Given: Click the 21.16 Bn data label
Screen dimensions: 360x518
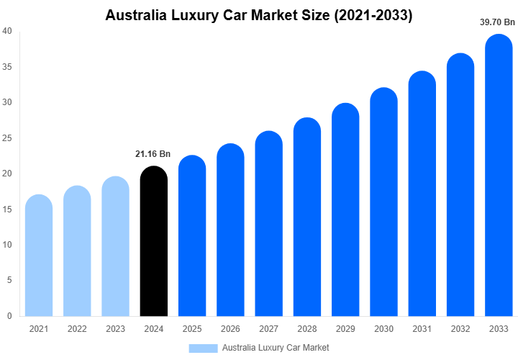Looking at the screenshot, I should pos(153,153).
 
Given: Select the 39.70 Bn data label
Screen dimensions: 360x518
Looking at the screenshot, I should pos(498,22).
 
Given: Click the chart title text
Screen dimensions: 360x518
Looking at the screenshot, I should pos(259,14).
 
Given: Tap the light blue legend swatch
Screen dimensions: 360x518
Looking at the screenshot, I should pos(203,348).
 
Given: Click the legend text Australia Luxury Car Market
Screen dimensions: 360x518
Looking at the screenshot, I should pos(276,348).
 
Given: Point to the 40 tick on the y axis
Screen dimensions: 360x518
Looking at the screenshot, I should pos(6,31).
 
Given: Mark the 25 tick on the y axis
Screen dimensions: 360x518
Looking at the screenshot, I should pos(6,138).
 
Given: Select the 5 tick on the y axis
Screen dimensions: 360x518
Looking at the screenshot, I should pos(9,280).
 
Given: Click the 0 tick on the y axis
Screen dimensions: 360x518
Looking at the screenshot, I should pos(9,315).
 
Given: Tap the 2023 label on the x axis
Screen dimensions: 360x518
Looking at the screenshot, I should pos(115,329).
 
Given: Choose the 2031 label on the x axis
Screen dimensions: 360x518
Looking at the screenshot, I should pos(422,329).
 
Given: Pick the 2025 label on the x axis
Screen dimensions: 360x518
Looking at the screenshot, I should pos(192,329).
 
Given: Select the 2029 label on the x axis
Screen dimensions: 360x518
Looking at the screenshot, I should pos(345,329).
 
